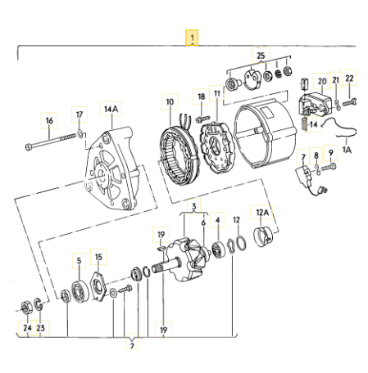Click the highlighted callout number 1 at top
pos(192,38)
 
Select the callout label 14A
pos(109,107)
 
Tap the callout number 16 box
pos(50,120)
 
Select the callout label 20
pos(321,82)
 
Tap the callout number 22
pos(349,79)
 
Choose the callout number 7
pos(303,155)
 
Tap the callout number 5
pos(80,261)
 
